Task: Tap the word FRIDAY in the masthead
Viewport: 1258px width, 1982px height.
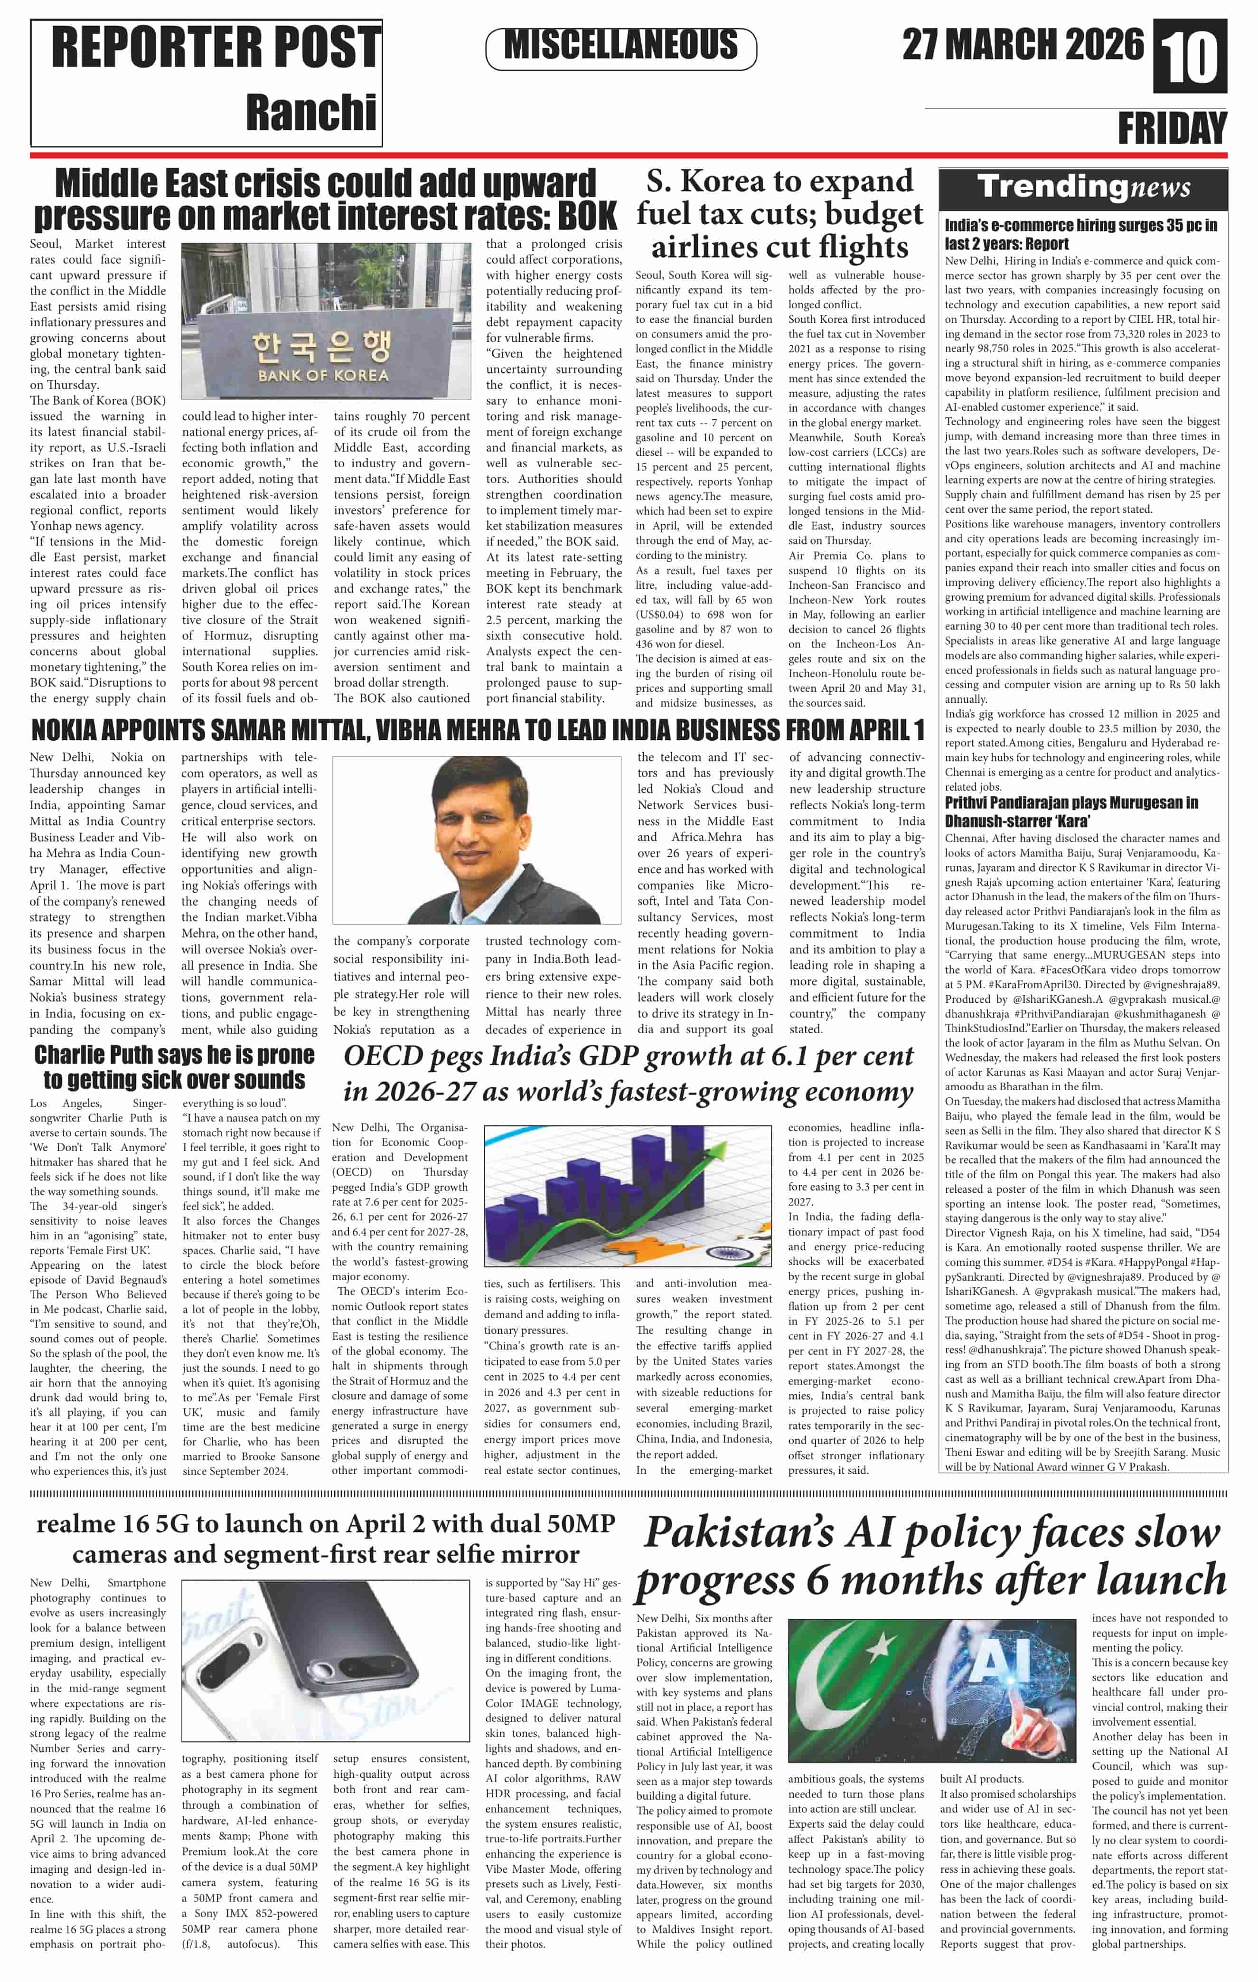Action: coord(1172,129)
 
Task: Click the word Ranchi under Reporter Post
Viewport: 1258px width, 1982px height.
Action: coord(311,112)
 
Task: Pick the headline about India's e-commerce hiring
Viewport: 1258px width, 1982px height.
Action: coord(1080,234)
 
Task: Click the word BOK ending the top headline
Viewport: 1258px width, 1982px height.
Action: coord(587,217)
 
